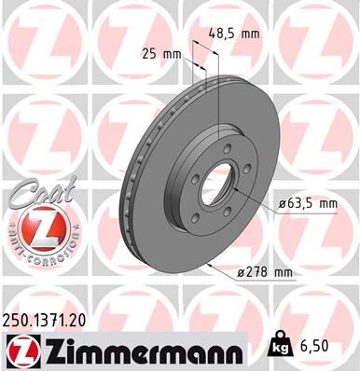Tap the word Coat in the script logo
pos(35,198)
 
